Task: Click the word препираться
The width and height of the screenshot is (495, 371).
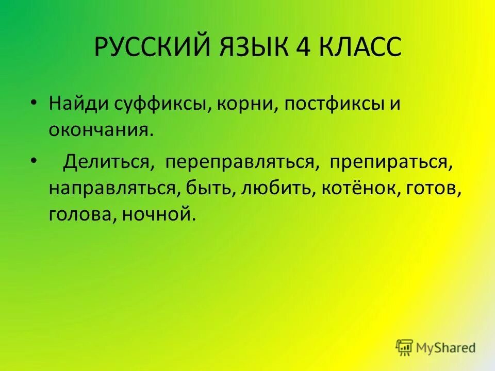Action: (x=392, y=162)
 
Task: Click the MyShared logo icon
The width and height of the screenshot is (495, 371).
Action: (x=405, y=347)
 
